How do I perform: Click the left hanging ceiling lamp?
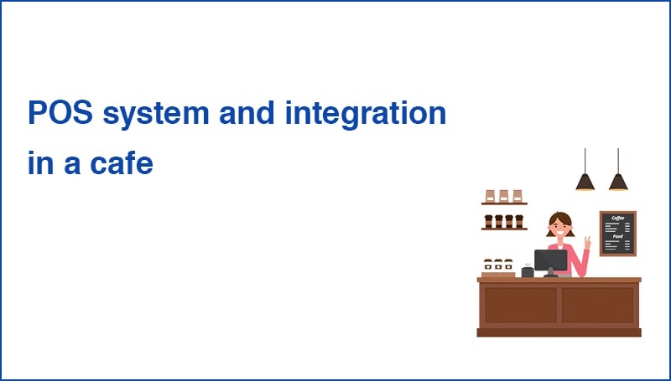click(585, 180)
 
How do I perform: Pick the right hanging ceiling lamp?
click(618, 180)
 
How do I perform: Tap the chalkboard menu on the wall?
click(617, 233)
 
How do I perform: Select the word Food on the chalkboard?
click(617, 236)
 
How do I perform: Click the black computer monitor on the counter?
click(550, 260)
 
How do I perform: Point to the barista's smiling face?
click(559, 226)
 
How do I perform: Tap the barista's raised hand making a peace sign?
click(587, 243)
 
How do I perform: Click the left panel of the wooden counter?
click(520, 305)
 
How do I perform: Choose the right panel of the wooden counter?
click(597, 305)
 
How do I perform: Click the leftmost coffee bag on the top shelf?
click(492, 195)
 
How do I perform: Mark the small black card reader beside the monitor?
click(527, 271)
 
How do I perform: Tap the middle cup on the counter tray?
click(498, 264)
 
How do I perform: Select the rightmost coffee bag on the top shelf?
click(517, 195)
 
